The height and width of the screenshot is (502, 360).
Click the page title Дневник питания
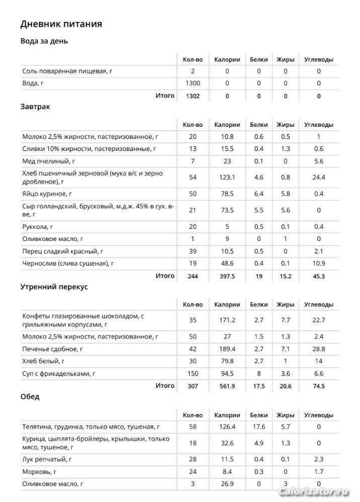pyautogui.click(x=61, y=24)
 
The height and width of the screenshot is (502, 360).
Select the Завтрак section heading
pyautogui.click(x=35, y=107)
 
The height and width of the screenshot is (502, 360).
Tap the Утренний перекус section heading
pyautogui.click(x=54, y=286)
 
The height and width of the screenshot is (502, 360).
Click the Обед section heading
pyautogui.click(x=30, y=396)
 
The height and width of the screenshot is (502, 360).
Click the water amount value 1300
pyautogui.click(x=193, y=83)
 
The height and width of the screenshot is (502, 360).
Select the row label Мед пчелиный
pyautogui.click(x=48, y=161)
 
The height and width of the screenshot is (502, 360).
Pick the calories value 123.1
pyautogui.click(x=227, y=177)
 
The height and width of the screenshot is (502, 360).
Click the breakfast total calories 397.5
pyautogui.click(x=227, y=276)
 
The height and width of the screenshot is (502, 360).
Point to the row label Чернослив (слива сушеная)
pyautogui.click(x=68, y=263)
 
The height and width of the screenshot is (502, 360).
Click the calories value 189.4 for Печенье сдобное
pyautogui.click(x=227, y=349)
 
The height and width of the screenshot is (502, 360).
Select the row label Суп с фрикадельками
pyautogui.click(x=59, y=373)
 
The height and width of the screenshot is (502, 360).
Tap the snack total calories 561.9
pyautogui.click(x=227, y=386)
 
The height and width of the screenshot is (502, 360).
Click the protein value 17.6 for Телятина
pyautogui.click(x=259, y=427)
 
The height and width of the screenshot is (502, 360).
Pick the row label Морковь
pyautogui.click(x=39, y=471)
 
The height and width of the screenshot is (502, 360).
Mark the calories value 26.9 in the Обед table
pyautogui.click(x=227, y=484)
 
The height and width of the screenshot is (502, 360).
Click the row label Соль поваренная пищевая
pyautogui.click(x=67, y=71)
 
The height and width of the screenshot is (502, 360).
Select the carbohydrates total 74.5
pyautogui.click(x=318, y=386)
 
